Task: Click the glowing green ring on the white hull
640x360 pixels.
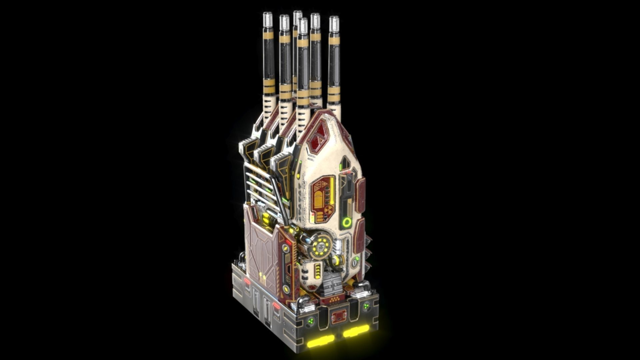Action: [x=347, y=222]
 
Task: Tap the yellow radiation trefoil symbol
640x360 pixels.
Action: [x=329, y=210]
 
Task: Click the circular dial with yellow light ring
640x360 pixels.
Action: [x=320, y=247]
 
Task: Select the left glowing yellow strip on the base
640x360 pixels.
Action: [x=321, y=341]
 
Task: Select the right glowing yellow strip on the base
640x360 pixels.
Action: [x=356, y=331]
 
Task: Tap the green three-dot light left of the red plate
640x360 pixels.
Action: [x=311, y=321]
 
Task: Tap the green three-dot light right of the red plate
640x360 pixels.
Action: [x=366, y=306]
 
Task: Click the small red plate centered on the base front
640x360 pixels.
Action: [x=338, y=316]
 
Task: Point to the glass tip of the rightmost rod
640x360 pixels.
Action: [x=334, y=23]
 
